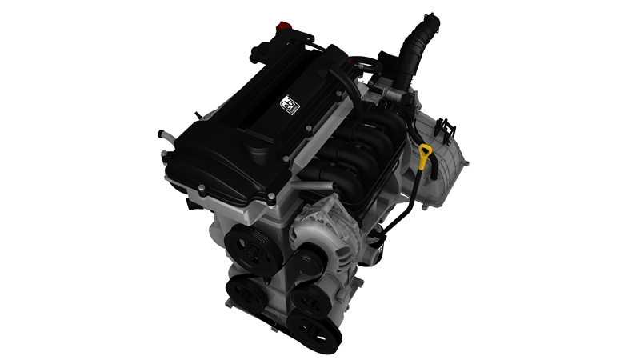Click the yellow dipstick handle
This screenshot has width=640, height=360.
tap(424, 155)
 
